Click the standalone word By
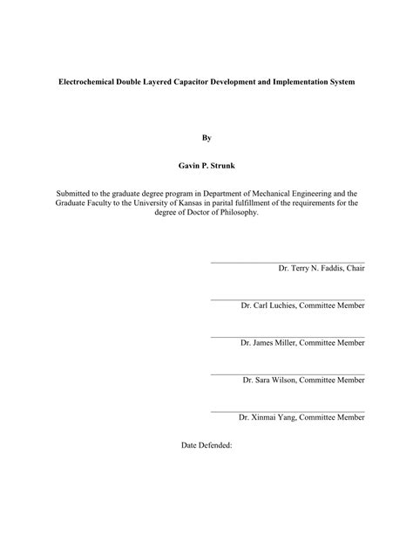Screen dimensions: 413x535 tap(206, 137)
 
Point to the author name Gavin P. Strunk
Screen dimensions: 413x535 tap(206, 164)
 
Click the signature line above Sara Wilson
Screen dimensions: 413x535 tap(288, 374)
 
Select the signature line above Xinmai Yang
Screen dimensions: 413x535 tap(288, 411)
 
